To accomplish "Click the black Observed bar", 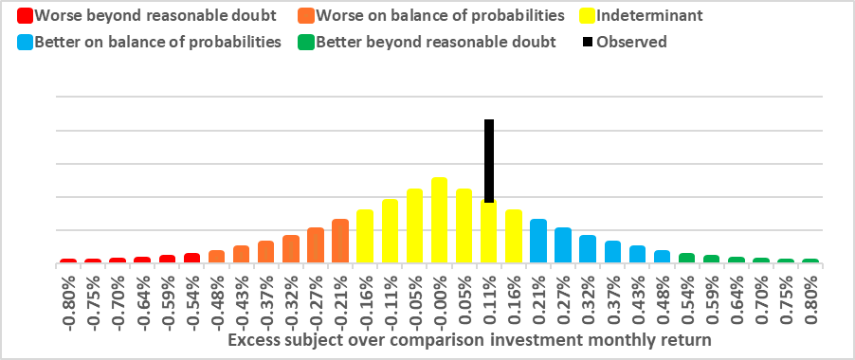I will pyautogui.click(x=489, y=160).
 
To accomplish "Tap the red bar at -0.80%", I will pyautogui.click(x=68, y=261).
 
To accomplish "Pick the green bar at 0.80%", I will pyautogui.click(x=810, y=261).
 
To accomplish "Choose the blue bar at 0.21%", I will pyautogui.click(x=538, y=241).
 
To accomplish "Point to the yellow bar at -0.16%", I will pyautogui.click(x=365, y=236).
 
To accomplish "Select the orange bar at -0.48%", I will pyautogui.click(x=216, y=256).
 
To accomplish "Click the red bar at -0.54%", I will pyautogui.click(x=191, y=258).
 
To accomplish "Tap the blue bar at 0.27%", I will pyautogui.click(x=563, y=244).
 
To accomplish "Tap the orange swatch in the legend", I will pyautogui.click(x=305, y=16).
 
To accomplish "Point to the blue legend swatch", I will pyautogui.click(x=24, y=42).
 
